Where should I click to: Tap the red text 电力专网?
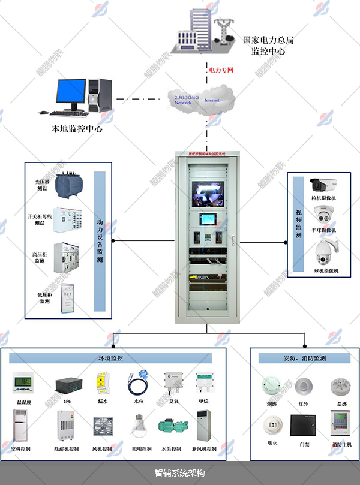220,70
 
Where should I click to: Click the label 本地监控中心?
77,128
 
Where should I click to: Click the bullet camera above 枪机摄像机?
323,184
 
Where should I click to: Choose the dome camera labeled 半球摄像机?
323,215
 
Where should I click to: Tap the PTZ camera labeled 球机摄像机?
325,252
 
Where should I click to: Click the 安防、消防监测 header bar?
304,358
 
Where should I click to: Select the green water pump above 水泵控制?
172,427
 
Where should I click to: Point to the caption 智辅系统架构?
180,473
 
